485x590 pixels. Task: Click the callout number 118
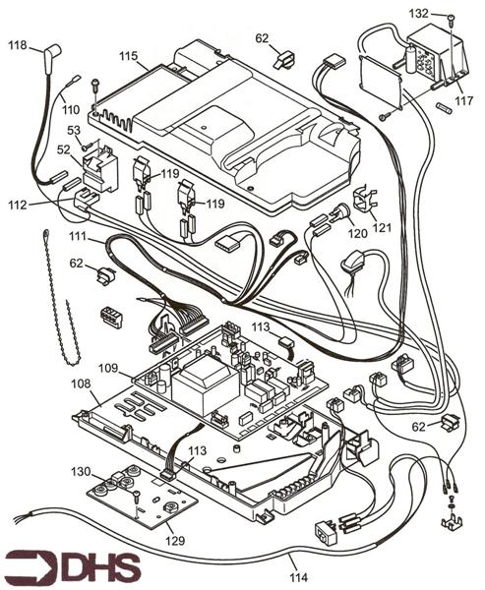click(19, 46)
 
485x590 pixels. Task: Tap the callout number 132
click(418, 14)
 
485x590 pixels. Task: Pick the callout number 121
click(381, 227)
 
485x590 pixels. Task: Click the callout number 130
click(81, 472)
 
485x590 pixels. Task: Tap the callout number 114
click(295, 562)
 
